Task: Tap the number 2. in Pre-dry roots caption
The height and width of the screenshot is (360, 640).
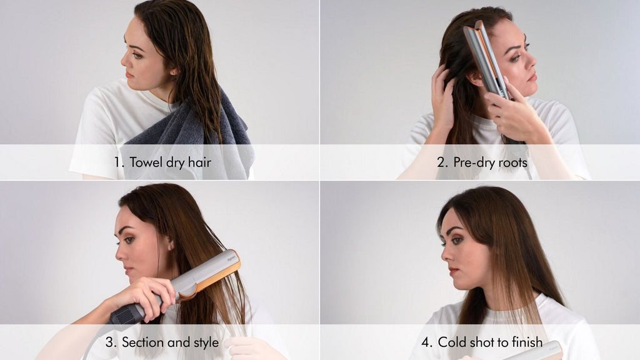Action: pos(442,162)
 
